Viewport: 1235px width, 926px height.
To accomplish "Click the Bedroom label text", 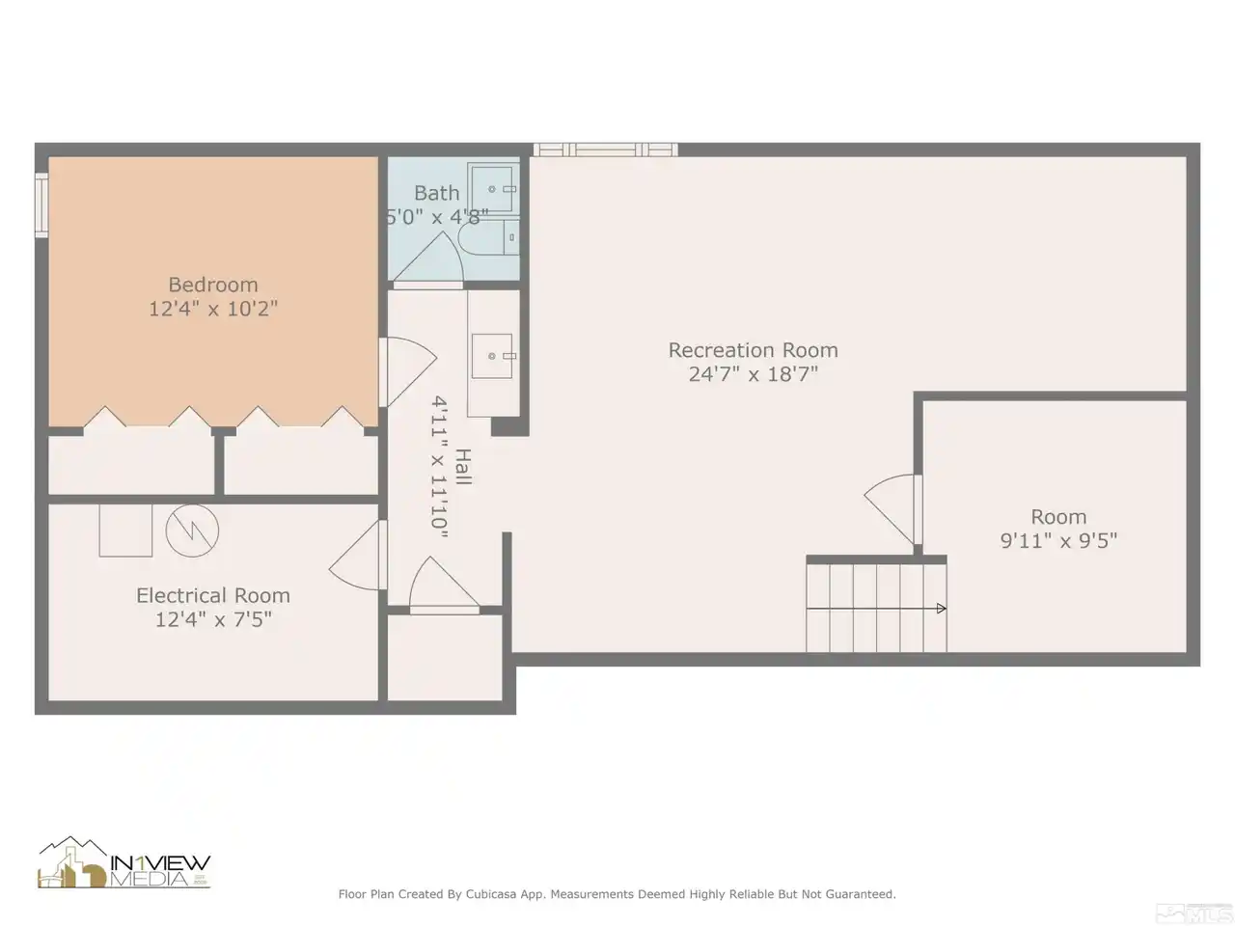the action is point(213,285).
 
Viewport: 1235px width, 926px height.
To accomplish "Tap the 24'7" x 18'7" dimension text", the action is point(753,374).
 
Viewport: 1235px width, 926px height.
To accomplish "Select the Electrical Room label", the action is point(213,595).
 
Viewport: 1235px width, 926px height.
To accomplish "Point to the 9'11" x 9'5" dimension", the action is point(1058,541).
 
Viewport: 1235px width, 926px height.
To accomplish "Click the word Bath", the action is point(437,193).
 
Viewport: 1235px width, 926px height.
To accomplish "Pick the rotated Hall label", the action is point(462,467).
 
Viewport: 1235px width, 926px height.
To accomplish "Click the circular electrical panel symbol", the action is point(192,531).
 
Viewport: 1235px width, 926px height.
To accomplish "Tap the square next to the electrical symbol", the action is point(125,531).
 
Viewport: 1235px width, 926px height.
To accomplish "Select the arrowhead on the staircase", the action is point(942,609).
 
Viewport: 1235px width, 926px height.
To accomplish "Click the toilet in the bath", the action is point(488,236).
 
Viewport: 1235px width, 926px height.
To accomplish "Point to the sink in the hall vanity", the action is point(492,356).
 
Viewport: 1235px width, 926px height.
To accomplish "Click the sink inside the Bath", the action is point(493,189).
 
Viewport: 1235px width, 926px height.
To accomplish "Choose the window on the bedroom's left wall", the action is point(41,205).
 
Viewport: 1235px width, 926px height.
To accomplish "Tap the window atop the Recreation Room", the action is point(605,150).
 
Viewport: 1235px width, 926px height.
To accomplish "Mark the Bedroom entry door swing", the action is point(408,371).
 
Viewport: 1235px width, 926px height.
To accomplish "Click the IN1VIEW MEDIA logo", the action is point(123,863).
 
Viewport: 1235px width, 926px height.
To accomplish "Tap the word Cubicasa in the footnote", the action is point(491,894).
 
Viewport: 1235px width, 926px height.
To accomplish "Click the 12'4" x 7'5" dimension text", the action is point(213,619).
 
